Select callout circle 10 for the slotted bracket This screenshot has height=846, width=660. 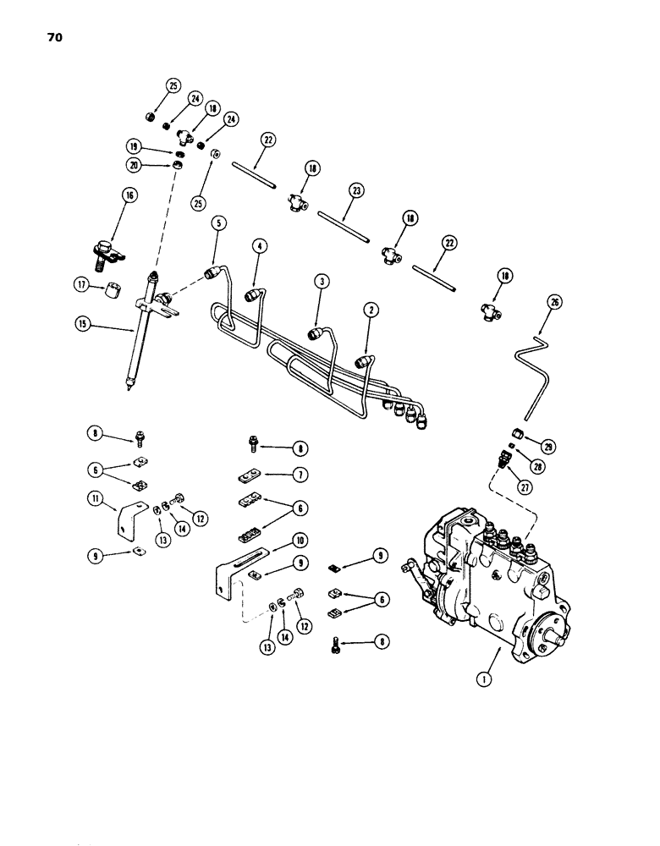click(x=276, y=539)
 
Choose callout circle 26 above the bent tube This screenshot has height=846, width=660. click(x=554, y=301)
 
